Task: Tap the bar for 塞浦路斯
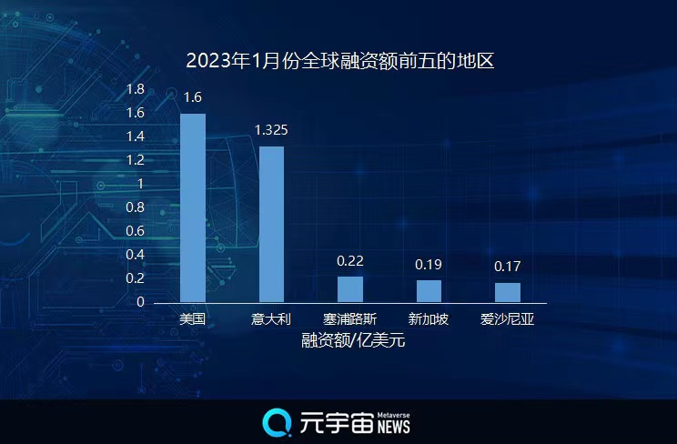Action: [x=350, y=289]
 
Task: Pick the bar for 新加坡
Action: [x=429, y=291]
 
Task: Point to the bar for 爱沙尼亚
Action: [x=508, y=292]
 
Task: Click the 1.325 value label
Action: [x=271, y=130]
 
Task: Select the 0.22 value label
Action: [x=350, y=261]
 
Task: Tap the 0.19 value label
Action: [x=429, y=265]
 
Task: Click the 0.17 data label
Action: [x=508, y=267]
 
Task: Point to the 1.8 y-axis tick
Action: [x=136, y=89]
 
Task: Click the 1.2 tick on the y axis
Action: [x=136, y=160]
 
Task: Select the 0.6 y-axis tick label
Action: [x=136, y=231]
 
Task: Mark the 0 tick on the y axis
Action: [x=140, y=302]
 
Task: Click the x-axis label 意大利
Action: [x=271, y=319]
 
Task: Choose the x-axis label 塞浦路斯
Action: [x=350, y=319]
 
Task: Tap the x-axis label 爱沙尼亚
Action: [x=508, y=319]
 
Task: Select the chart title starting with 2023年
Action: [x=339, y=62]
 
